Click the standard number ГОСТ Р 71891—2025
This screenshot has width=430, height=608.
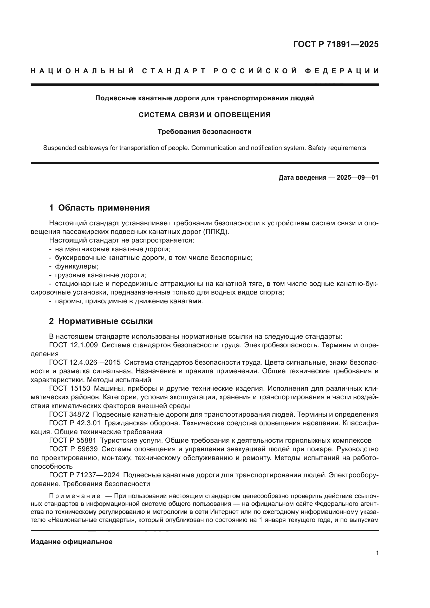pos(336,44)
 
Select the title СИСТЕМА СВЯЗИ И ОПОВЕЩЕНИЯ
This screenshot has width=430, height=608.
pos(204,115)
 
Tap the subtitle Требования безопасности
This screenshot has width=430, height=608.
pos(204,132)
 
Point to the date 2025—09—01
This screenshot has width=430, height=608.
pos(357,178)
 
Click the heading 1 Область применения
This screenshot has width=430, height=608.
pos(100,208)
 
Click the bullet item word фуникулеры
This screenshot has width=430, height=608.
pos(77,266)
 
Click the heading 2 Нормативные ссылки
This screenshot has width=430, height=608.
pos(101,321)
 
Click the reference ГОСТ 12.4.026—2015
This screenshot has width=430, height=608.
pos(85,362)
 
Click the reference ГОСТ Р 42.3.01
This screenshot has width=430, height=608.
pos(75,423)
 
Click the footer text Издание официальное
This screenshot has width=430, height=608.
pos(71,542)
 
